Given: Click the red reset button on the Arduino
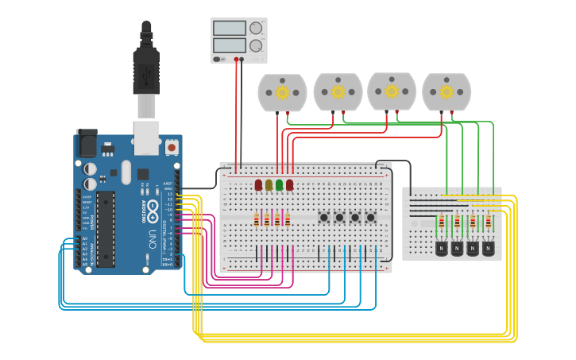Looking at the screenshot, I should tap(172, 147).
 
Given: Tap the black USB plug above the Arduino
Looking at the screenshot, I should tap(146, 68).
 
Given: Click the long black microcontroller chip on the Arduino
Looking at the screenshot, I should tap(106, 228).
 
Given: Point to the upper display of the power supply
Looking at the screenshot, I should tap(229, 28).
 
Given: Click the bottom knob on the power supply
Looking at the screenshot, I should tap(256, 46).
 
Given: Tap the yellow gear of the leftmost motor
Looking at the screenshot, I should tap(282, 92).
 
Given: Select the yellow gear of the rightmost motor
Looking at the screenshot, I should tap(446, 92).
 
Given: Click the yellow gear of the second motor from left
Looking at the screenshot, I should tap(338, 92).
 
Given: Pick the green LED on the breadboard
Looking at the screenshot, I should tap(279, 184).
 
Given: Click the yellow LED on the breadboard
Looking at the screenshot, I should tap(269, 184).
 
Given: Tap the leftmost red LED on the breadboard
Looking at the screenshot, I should tap(258, 184).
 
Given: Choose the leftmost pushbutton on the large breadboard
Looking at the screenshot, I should tap(324, 217).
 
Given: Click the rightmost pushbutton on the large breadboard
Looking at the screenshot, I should tap(370, 217).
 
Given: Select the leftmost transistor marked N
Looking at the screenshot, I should tap(442, 248).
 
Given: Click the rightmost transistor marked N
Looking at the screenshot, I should tap(488, 248).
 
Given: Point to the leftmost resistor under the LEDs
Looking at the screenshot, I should tap(257, 220).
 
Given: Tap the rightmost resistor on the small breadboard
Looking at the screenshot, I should tap(488, 222).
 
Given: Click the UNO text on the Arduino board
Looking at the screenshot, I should tap(152, 238).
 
